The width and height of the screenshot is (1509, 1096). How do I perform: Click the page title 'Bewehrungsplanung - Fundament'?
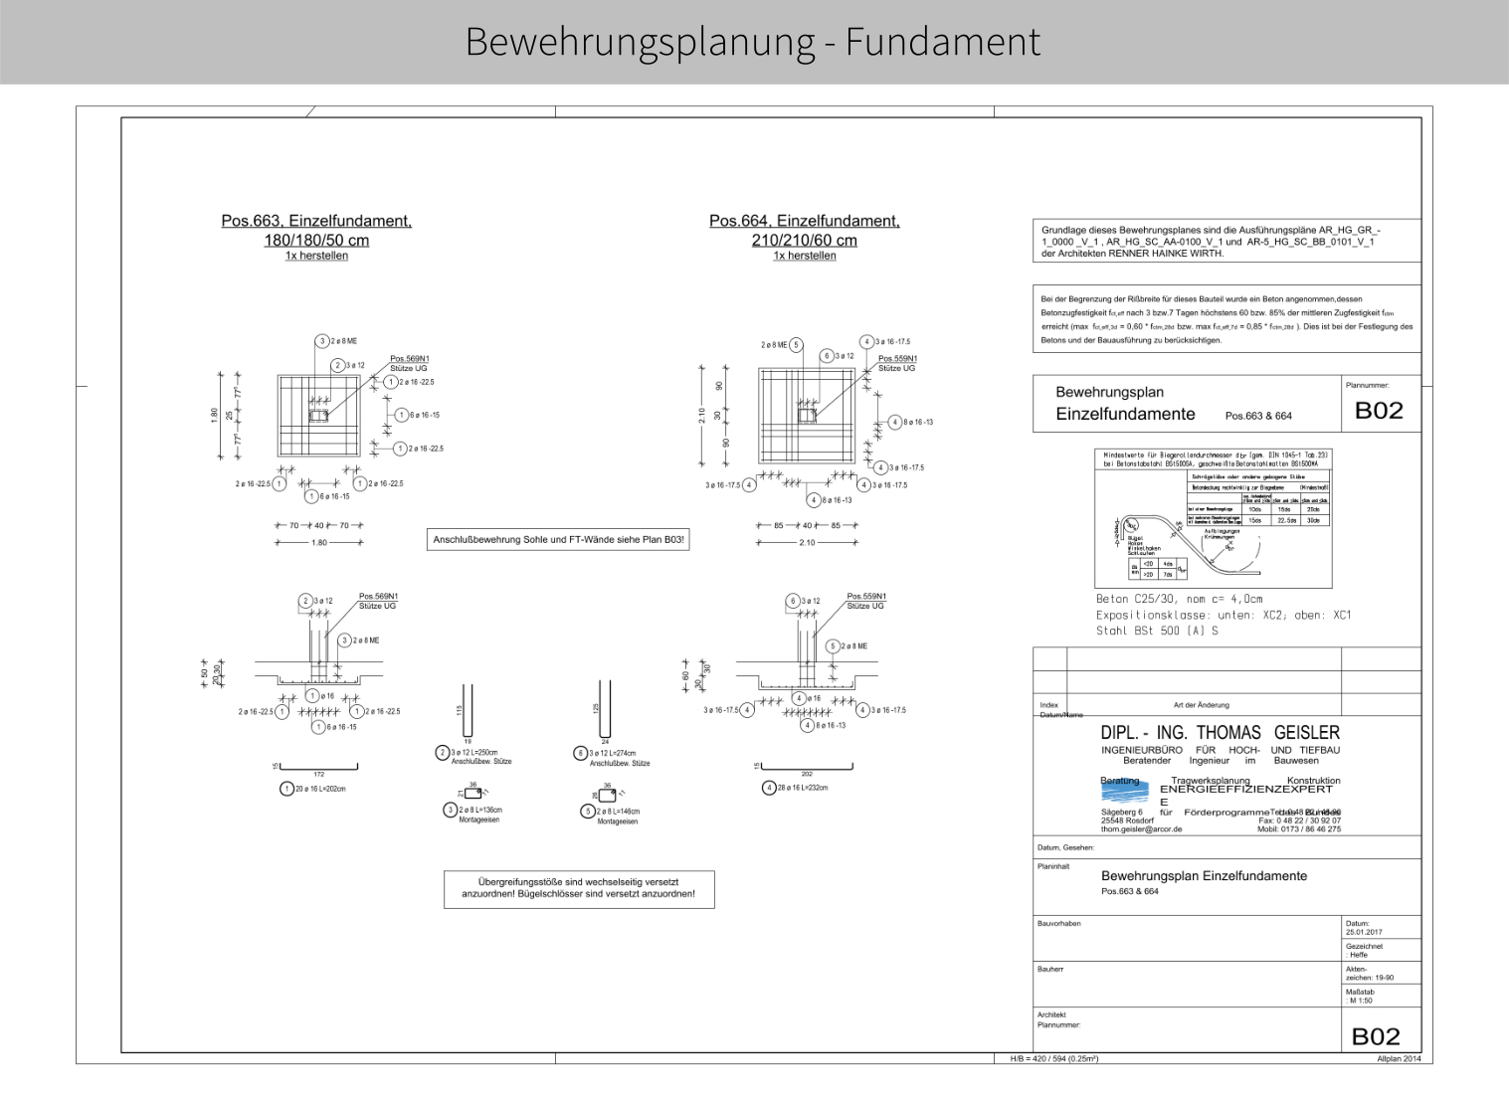tap(753, 42)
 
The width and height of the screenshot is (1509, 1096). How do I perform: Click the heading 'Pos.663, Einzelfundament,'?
tap(316, 221)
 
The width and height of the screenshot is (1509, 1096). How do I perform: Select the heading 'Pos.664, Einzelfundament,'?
tap(804, 221)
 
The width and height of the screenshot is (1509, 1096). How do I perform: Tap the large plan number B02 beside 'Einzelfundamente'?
tap(1379, 411)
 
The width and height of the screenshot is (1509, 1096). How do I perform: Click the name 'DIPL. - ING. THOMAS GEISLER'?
tap(1220, 733)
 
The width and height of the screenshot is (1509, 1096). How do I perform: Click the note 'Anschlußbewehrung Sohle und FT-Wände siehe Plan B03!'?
tap(558, 540)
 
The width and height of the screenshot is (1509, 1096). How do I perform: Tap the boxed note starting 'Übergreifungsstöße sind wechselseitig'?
tap(578, 887)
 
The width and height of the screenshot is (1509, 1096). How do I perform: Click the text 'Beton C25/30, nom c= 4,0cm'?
tap(1179, 600)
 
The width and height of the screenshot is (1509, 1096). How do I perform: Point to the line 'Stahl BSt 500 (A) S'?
tap(1157, 631)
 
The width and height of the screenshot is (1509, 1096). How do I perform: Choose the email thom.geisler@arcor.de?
tap(1141, 828)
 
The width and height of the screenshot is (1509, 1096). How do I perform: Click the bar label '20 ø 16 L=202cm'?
tap(319, 789)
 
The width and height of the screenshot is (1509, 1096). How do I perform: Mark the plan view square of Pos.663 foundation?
tap(318, 416)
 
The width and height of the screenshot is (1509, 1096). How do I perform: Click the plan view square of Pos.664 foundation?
tap(806, 415)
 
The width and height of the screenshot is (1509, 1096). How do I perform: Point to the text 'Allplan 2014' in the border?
tap(1399, 1058)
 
